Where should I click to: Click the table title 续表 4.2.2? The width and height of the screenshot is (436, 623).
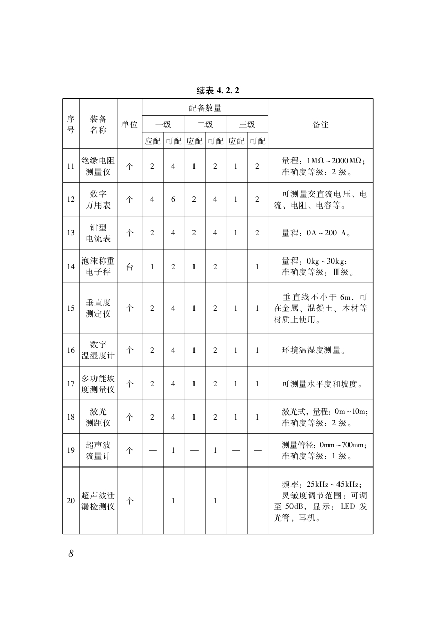point(217,91)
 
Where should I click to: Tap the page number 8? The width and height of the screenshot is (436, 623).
point(71,553)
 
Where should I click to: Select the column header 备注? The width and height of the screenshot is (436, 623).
point(320,124)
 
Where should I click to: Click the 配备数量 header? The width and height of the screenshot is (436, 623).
point(205,108)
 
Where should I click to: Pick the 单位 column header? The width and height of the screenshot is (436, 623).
point(129,124)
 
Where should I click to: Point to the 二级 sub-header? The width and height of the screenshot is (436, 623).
point(205,124)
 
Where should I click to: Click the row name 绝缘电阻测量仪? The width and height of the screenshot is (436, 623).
point(98,166)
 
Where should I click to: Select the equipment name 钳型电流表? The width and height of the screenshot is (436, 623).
point(98,233)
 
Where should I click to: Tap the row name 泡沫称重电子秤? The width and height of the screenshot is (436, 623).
point(98,266)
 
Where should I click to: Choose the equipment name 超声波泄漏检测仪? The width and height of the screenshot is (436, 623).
point(98,501)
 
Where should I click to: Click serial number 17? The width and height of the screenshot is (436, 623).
point(71,384)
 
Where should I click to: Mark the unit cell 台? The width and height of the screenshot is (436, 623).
point(129,266)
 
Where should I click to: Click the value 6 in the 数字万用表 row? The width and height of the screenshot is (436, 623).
point(173,199)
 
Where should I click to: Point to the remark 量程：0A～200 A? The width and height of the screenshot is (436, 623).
point(316,233)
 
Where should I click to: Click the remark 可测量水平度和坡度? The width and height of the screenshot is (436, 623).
point(322,384)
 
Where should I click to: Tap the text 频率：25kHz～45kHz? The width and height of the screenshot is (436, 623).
point(321,484)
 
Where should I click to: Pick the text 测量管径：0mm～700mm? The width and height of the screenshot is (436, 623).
point(324,445)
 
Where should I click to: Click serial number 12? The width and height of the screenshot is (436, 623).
point(71,199)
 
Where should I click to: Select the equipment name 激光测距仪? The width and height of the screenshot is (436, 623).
point(98,417)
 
